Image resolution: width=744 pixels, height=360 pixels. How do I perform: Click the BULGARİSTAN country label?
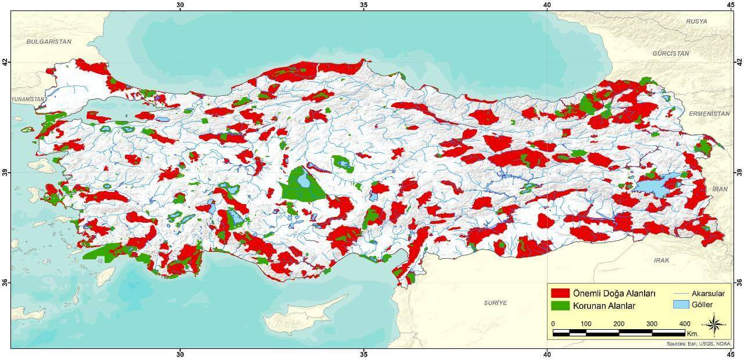pos(49,42)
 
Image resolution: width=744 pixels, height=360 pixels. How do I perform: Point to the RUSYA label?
pos(696,22)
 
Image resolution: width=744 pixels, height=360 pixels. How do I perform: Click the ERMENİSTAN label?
pos(709,114)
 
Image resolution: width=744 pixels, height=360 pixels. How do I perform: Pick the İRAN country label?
pos(720,190)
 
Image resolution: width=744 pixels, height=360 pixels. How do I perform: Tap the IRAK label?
pos(662,260)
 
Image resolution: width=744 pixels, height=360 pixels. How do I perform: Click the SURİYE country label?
pos(495,303)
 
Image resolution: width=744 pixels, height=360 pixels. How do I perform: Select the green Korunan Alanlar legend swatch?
pos(560,305)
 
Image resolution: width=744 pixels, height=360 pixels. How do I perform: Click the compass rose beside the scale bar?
pos(713,324)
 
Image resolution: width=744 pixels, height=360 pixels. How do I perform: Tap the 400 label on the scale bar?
pos(684,323)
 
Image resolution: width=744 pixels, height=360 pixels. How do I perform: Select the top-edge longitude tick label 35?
pos(364,5)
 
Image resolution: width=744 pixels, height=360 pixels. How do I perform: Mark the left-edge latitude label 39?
pos(5,173)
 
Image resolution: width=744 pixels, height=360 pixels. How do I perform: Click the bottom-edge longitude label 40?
pos(547,354)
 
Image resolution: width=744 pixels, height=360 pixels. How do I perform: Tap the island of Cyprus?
pos(302,318)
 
